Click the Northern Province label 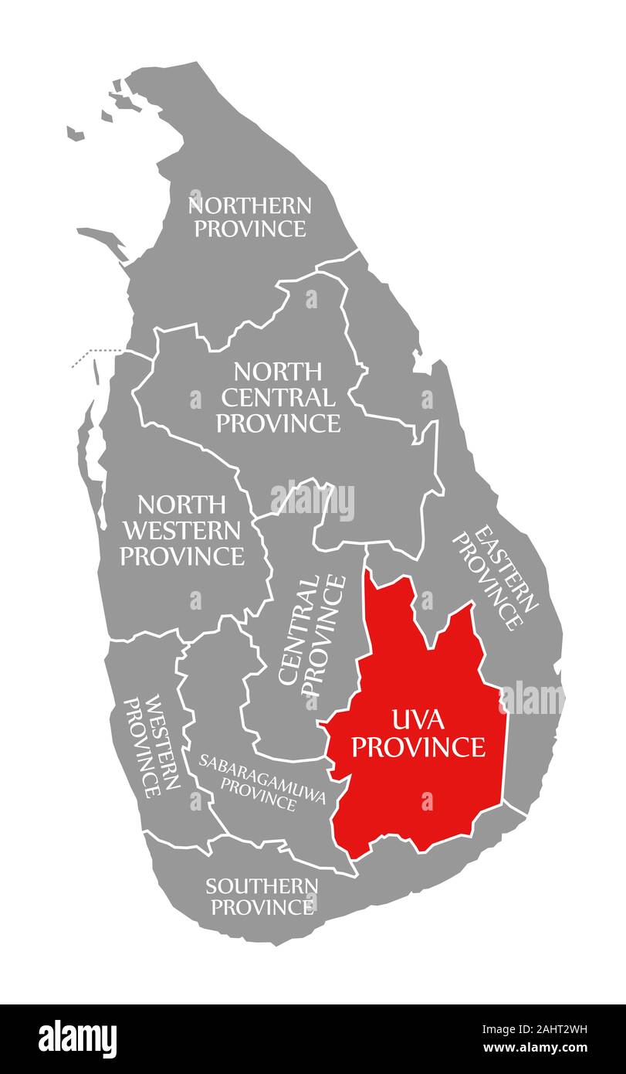(249, 217)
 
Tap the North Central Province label (278, 398)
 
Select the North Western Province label (182, 531)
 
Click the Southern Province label (262, 896)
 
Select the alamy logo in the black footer (78, 1038)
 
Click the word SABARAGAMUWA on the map (262, 759)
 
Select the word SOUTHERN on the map (262, 885)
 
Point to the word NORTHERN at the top (250, 206)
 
